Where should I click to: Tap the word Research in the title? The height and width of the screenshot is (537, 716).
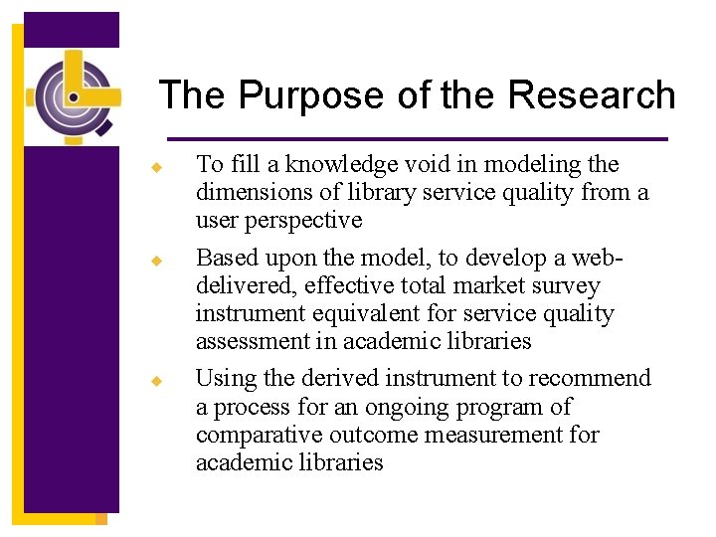pos(592,95)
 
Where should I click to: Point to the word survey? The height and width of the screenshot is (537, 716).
pos(565,285)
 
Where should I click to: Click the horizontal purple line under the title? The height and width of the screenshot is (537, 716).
pos(417,138)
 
